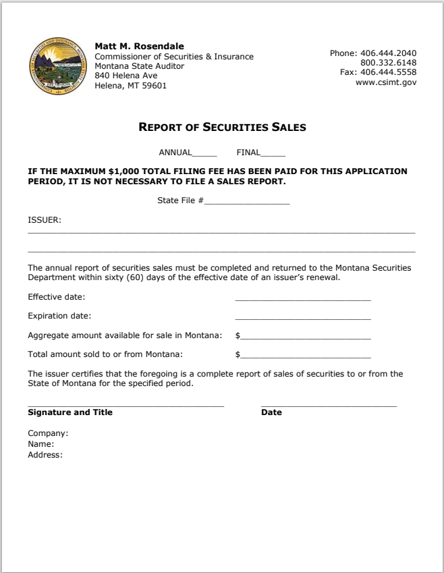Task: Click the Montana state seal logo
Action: [x=59, y=66]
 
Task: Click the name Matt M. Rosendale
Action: [x=139, y=46]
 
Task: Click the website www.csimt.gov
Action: [x=386, y=82]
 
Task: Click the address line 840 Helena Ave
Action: [x=126, y=76]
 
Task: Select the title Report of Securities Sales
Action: [x=222, y=127]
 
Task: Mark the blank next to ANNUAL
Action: [x=204, y=153]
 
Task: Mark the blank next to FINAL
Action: [x=273, y=153]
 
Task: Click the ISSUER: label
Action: [x=45, y=220]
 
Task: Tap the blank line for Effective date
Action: [x=303, y=298]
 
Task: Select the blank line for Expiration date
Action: [x=303, y=317]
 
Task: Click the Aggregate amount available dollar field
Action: [x=306, y=336]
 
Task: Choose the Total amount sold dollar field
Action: [x=306, y=355]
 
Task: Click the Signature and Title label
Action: [x=70, y=412]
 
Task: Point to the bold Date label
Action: [x=271, y=412]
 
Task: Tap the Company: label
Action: [x=48, y=433]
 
